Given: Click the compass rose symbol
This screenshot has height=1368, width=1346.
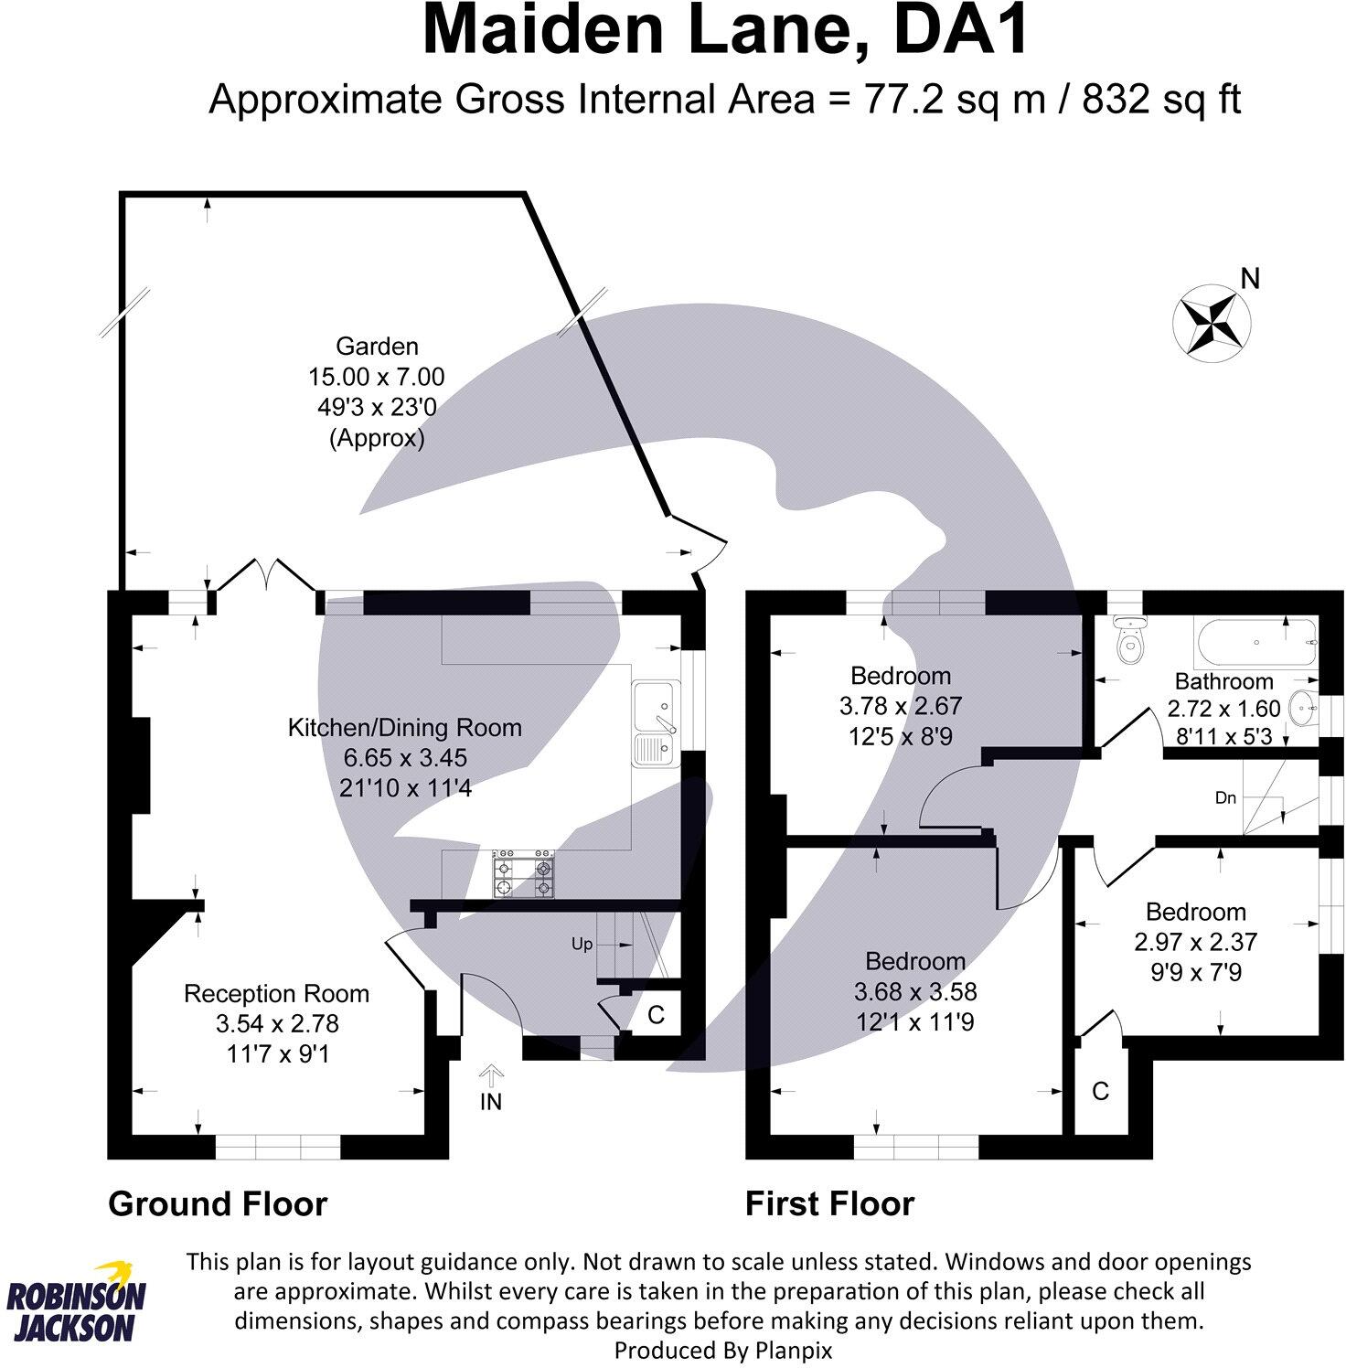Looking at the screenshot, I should (x=1212, y=319).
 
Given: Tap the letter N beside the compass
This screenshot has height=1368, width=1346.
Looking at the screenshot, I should (x=1250, y=278).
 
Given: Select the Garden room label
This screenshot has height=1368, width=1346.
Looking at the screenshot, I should (x=377, y=347).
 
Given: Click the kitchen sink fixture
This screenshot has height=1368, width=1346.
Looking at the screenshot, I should (x=655, y=721).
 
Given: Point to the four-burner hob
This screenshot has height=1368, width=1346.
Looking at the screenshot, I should (x=525, y=874).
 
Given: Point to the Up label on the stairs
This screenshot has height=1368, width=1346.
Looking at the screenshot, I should (x=582, y=944).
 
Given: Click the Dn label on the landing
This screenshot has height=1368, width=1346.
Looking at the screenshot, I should (x=1225, y=797).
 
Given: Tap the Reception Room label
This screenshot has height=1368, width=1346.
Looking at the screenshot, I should (x=276, y=994).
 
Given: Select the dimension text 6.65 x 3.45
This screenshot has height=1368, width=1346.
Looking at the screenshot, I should (x=404, y=757).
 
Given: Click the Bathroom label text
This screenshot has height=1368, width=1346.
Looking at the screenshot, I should (x=1223, y=681).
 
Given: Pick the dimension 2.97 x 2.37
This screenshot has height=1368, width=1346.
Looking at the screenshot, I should (x=1195, y=941).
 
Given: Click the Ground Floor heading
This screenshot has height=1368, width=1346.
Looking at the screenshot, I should (x=217, y=1203).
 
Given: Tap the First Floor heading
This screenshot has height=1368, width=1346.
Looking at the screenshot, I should (x=829, y=1203).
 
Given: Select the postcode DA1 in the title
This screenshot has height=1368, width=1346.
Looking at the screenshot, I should (x=961, y=33).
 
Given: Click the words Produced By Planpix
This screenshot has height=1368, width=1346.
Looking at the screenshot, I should (x=722, y=1350).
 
